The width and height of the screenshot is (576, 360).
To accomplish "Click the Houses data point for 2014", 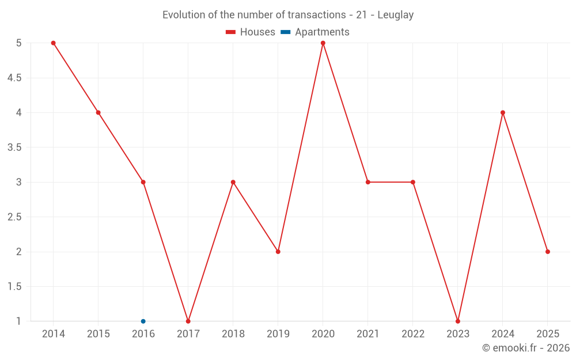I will pyautogui.click(x=53, y=43).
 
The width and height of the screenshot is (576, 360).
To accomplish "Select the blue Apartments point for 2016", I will pyautogui.click(x=143, y=321).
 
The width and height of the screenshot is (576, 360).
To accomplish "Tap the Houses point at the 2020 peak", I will pyautogui.click(x=323, y=43).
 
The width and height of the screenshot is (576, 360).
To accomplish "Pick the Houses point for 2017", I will pyautogui.click(x=188, y=321).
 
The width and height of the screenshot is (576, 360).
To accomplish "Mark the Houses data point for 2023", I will pyautogui.click(x=458, y=321).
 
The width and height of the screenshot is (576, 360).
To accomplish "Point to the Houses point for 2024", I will pyautogui.click(x=503, y=112).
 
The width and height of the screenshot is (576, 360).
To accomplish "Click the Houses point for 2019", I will pyautogui.click(x=278, y=252).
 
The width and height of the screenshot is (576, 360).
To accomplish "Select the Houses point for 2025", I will pyautogui.click(x=548, y=252).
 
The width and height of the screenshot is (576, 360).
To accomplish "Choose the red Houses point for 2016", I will pyautogui.click(x=143, y=182).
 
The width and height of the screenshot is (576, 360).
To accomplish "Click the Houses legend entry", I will pyautogui.click(x=251, y=32).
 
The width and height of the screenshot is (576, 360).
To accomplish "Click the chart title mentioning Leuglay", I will pyautogui.click(x=288, y=15).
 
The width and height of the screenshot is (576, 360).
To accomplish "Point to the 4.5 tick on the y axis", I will pyautogui.click(x=14, y=78).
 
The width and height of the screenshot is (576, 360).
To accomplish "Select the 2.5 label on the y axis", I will pyautogui.click(x=14, y=217).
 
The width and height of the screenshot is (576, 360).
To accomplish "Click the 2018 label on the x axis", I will pyautogui.click(x=233, y=334).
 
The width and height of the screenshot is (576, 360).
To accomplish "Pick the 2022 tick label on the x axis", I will pyautogui.click(x=413, y=334).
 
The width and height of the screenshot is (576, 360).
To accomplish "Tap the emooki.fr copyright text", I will pyautogui.click(x=525, y=348).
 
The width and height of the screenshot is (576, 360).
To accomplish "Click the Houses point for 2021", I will pyautogui.click(x=368, y=182).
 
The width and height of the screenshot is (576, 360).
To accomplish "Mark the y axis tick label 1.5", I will pyautogui.click(x=14, y=287).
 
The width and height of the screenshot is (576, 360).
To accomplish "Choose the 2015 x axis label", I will pyautogui.click(x=98, y=334).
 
